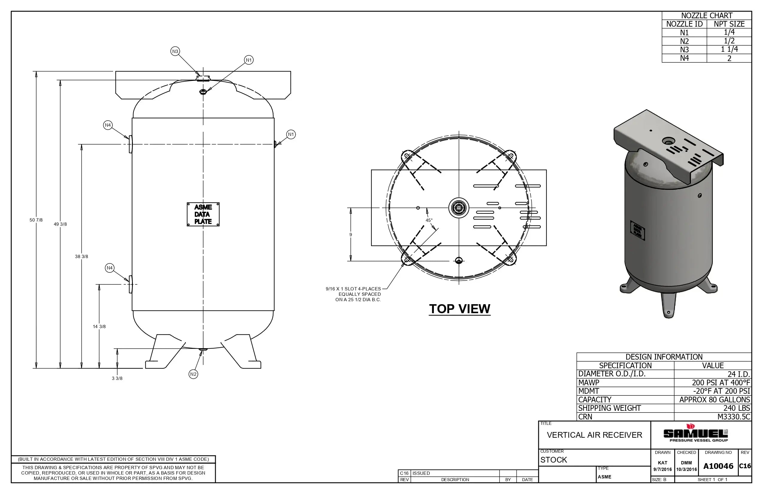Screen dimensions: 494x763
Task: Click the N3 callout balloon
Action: pos(175,51)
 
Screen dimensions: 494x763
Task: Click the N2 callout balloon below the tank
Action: pos(193,374)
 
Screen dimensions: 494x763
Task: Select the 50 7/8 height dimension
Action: pos(36,220)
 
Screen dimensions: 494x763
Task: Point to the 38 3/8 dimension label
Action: pos(81,257)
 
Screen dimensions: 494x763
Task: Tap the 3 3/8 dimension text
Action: pos(117,378)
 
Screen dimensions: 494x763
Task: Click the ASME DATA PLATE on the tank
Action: pos(203,214)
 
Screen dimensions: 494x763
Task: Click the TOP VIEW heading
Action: pos(459,309)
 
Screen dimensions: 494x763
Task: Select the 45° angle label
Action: pos(429,220)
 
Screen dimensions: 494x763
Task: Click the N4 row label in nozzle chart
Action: pos(684,58)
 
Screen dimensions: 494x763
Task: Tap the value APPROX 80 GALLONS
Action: pos(714,400)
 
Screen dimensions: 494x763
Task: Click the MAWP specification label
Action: pos(589,383)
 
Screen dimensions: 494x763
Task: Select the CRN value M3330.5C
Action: pos(733,417)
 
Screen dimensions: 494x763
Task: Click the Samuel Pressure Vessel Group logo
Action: pos(695,434)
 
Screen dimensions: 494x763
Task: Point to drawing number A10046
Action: pos(718,466)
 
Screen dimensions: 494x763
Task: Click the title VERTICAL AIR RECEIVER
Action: pos(594,435)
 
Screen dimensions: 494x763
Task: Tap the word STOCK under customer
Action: pos(554,460)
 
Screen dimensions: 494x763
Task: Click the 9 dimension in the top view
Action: pos(350,235)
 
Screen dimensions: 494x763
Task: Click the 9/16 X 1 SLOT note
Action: pos(353,289)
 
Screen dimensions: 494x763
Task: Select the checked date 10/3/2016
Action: pos(686,470)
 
